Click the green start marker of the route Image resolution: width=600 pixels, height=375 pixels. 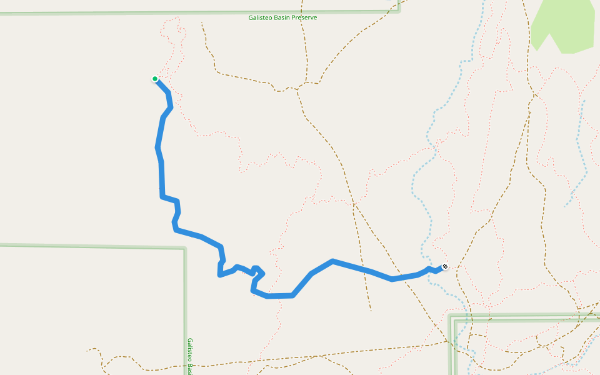click(154, 79)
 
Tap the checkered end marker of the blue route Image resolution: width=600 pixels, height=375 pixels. click(444, 267)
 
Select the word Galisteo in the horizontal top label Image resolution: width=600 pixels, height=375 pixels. click(261, 17)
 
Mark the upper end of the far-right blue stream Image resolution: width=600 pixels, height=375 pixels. click(584, 100)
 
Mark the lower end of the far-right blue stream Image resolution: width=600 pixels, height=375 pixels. click(565, 206)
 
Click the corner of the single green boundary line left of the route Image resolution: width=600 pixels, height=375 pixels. click(185, 249)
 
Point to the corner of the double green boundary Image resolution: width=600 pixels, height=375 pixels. click(451, 317)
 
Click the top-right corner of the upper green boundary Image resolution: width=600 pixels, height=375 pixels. click(398, 9)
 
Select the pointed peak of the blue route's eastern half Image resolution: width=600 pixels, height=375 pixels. click(332, 261)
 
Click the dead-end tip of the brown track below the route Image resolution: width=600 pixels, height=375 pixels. click(371, 309)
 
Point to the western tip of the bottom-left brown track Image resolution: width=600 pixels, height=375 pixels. click(87, 350)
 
